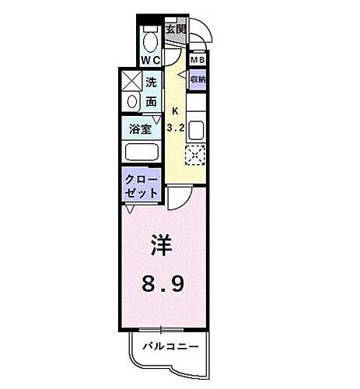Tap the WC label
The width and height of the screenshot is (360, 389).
[149, 59]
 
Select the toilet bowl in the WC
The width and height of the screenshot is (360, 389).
[150, 38]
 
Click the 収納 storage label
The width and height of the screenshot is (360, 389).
[197, 79]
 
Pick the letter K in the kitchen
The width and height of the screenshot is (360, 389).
[175, 110]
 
